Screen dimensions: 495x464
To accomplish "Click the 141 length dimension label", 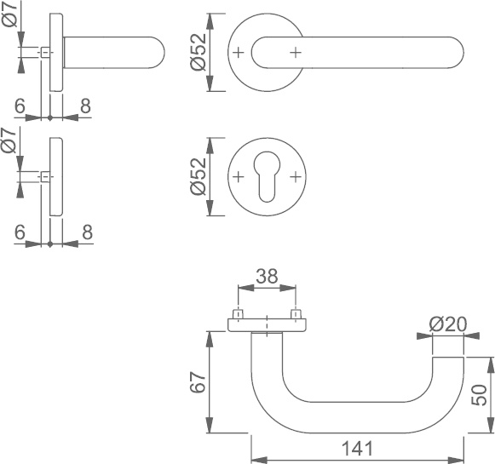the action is click(357, 448).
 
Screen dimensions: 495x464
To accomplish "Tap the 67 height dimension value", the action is click(199, 382).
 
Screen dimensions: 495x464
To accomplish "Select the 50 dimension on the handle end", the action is click(479, 394).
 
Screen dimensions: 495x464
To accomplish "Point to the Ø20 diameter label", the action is click(447, 324).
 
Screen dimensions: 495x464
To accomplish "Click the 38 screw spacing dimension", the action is click(267, 276).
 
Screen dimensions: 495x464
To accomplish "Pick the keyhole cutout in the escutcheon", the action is click(267, 176).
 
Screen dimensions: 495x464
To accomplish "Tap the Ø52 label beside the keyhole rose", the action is click(199, 176).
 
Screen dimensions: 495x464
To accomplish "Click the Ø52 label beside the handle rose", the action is click(199, 52).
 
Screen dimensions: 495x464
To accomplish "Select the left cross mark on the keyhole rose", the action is click(239, 176).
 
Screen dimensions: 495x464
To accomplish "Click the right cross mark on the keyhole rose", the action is click(296, 176).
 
